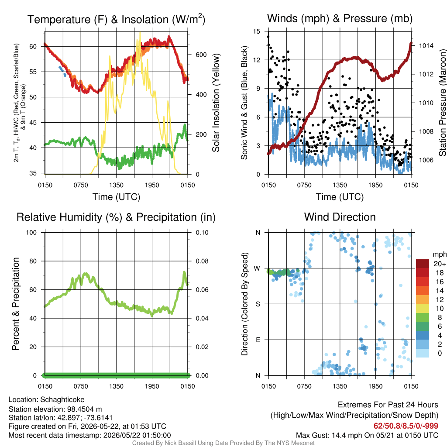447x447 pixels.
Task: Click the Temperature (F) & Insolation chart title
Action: pyautogui.click(x=116, y=19)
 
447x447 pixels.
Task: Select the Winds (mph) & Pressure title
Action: pyautogui.click(x=340, y=18)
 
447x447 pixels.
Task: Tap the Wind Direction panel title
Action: pyautogui.click(x=340, y=217)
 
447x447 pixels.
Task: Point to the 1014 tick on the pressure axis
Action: pyautogui.click(x=426, y=45)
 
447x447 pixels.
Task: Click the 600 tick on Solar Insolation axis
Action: pyautogui.click(x=201, y=55)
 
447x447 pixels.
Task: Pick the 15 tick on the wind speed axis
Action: pyautogui.click(x=257, y=31)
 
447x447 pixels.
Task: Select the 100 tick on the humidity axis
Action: pyautogui.click(x=31, y=233)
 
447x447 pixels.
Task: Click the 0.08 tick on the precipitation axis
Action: pyautogui.click(x=202, y=261)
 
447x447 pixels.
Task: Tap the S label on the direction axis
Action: pyautogui.click(x=258, y=304)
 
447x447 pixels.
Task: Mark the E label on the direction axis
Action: pyautogui.click(x=258, y=340)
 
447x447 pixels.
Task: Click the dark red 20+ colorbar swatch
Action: pyautogui.click(x=423, y=264)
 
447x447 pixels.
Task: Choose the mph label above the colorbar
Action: pyautogui.click(x=440, y=254)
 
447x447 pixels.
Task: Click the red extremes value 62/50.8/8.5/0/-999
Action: pyautogui.click(x=406, y=426)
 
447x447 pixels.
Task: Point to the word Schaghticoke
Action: pyautogui.click(x=62, y=400)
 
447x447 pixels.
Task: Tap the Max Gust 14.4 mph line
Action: pyautogui.click(x=367, y=435)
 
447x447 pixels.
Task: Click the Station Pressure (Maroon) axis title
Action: pyautogui.click(x=443, y=103)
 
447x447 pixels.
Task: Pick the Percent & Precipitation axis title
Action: pyautogui.click(x=16, y=304)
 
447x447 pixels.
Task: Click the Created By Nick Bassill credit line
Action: pyautogui.click(x=223, y=443)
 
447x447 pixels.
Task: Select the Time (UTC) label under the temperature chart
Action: pyautogui.click(x=116, y=197)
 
